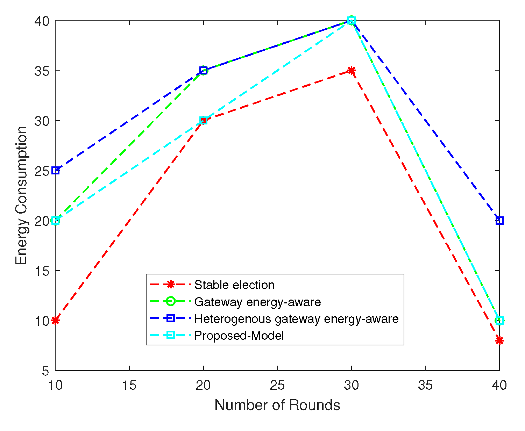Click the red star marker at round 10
point(55,321)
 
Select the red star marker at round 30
point(352,71)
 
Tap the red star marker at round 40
point(499,340)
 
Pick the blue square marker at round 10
point(55,171)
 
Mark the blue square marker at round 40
point(499,221)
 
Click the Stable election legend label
point(234,285)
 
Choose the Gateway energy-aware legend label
point(257,302)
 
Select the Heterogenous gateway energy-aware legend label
point(296,319)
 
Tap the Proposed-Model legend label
point(239,336)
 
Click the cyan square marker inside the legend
point(170,336)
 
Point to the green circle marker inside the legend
point(170,302)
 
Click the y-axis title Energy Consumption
point(21,196)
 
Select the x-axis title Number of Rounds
point(277,405)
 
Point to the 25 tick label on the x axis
point(277,385)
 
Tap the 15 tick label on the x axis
point(129,385)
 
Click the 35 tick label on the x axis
point(425,385)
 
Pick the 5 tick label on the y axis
point(45,371)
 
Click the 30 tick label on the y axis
point(42,121)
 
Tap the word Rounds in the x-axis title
point(314,405)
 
